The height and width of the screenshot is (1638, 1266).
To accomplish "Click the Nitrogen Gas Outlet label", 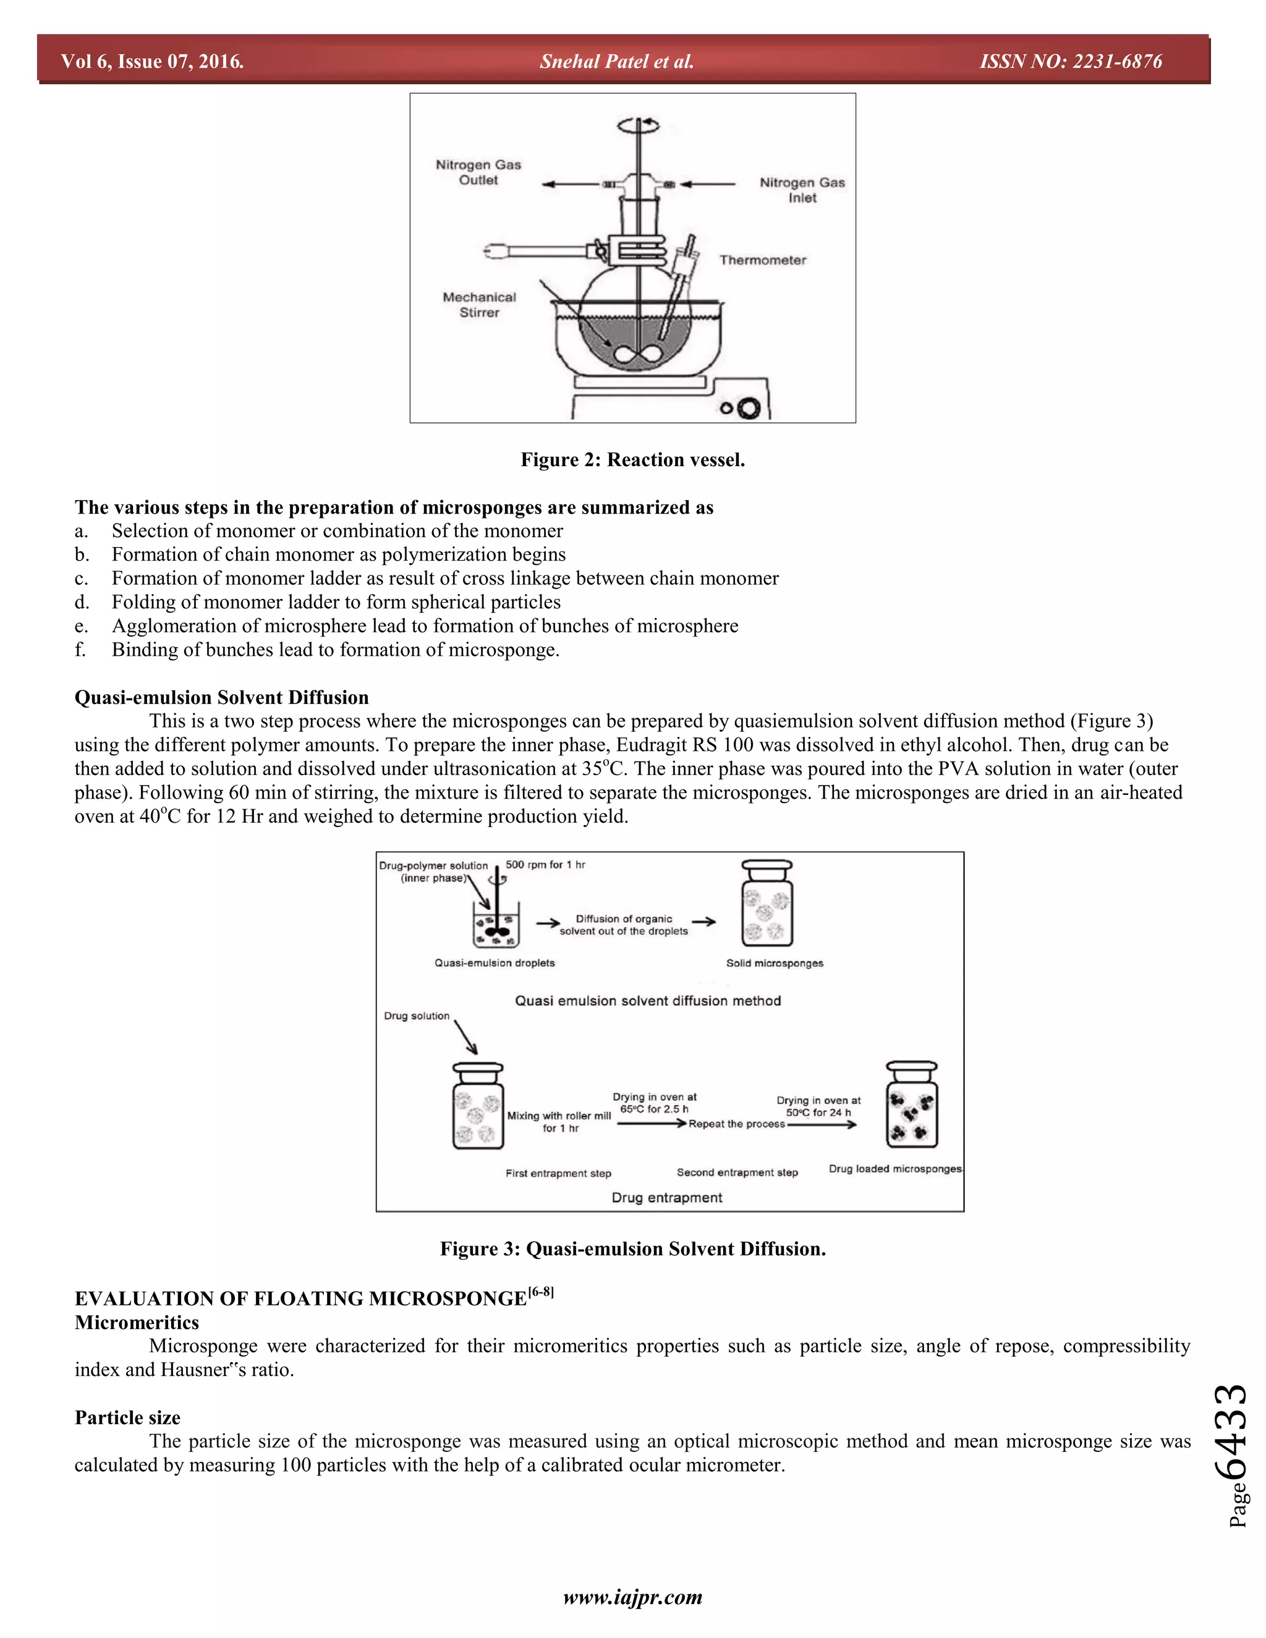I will (478, 172).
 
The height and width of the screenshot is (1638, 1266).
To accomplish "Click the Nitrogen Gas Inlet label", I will (802, 190).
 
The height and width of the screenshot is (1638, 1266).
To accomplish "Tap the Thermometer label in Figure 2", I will (763, 260).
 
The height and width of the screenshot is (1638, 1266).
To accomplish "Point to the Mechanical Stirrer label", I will (479, 305).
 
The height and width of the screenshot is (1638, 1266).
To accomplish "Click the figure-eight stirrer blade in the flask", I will (636, 355).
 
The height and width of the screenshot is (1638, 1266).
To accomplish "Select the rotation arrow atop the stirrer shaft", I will (638, 126).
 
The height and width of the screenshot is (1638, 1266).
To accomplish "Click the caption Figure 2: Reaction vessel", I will (632, 460).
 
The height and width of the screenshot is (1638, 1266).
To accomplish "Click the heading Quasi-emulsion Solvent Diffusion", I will (221, 697).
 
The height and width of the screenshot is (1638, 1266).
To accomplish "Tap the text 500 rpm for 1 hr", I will (545, 865).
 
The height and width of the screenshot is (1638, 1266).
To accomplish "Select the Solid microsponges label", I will (774, 963).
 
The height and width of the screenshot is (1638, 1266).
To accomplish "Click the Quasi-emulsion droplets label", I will (495, 963).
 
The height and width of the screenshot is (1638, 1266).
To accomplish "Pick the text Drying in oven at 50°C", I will (818, 1106).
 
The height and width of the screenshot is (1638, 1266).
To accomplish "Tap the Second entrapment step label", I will (737, 1172).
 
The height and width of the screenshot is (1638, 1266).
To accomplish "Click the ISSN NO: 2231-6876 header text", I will (1070, 61).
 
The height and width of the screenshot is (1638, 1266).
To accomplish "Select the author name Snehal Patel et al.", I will (616, 61).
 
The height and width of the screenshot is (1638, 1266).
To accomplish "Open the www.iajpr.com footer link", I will (632, 1597).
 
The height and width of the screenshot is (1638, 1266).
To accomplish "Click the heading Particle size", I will (127, 1417).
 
